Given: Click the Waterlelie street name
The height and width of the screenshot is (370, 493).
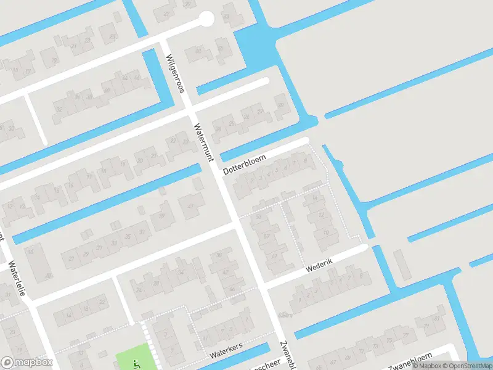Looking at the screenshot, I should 16,278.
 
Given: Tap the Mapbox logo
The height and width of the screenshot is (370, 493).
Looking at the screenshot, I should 27,363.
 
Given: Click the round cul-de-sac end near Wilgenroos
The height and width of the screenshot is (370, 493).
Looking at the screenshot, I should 206,19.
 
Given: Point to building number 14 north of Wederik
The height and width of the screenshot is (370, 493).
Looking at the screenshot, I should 314,198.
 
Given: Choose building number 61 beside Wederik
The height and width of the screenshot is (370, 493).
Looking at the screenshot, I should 275,255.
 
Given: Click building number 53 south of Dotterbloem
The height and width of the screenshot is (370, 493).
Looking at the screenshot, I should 259,217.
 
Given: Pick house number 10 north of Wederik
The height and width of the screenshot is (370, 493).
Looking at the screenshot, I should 325,232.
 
